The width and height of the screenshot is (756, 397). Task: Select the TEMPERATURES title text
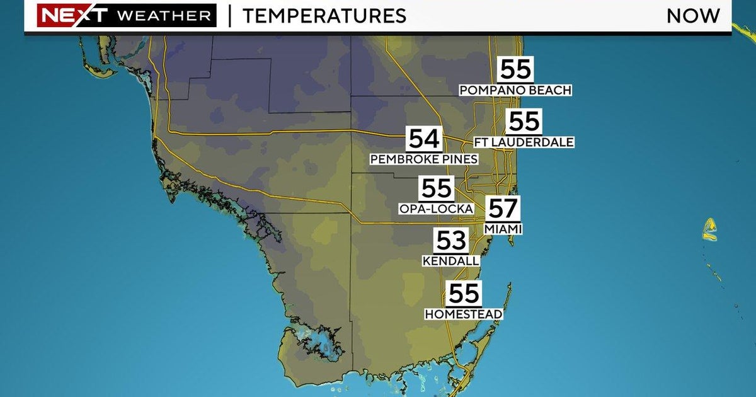(x=324, y=16)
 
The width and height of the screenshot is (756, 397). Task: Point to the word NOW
(x=693, y=16)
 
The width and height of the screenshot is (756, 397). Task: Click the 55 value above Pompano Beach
(x=515, y=70)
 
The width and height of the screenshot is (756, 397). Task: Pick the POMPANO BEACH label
(x=515, y=91)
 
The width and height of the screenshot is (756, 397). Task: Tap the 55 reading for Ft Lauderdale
(x=524, y=122)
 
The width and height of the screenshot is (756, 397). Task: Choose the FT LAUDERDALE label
(x=524, y=142)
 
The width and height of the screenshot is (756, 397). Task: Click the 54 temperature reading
(x=424, y=139)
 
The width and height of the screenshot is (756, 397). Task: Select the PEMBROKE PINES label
(x=424, y=159)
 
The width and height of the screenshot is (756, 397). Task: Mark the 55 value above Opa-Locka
(x=436, y=188)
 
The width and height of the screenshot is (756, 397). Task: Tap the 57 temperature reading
(x=503, y=209)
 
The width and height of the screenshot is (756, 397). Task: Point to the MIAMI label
(x=503, y=229)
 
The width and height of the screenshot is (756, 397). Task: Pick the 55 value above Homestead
(x=464, y=294)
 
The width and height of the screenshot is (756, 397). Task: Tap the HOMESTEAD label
(x=464, y=314)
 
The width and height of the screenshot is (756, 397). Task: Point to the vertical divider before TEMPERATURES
(x=229, y=16)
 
